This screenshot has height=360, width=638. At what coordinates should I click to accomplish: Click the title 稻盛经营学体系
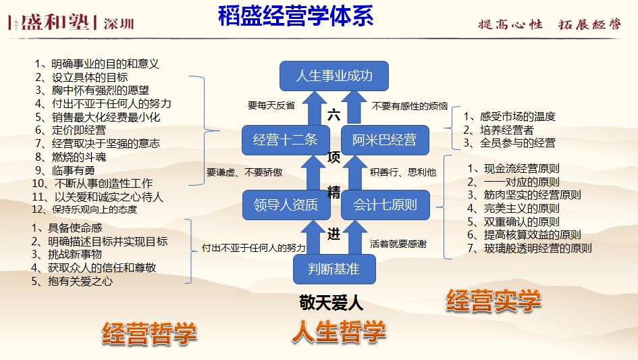(x=296, y=16)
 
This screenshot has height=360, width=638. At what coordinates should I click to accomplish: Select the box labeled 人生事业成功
(x=334, y=76)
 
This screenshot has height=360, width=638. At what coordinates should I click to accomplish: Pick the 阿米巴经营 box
(x=384, y=140)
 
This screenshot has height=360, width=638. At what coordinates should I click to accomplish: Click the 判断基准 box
(x=334, y=269)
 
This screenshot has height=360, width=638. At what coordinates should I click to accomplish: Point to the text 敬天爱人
(x=331, y=303)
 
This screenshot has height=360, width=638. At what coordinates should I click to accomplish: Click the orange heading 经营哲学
(x=150, y=334)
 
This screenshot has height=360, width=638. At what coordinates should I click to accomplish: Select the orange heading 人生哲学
(x=339, y=332)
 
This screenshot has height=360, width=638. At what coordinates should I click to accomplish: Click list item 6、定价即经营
(x=70, y=130)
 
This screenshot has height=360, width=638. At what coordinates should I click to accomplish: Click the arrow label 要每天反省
(x=271, y=105)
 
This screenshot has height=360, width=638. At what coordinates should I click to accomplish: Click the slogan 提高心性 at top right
(x=510, y=24)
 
